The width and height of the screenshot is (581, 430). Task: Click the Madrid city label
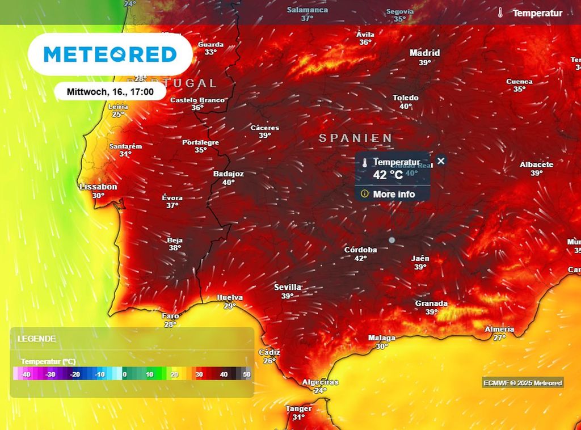click(424, 53)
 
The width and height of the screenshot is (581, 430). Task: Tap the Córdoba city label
click(360, 250)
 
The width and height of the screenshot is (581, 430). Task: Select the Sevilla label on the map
click(288, 287)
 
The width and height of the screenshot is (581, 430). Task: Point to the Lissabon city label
click(98, 186)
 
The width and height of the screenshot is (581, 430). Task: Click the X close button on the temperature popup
click(441, 161)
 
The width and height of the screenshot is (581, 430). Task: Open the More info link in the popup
click(394, 194)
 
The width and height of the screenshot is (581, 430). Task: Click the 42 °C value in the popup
click(388, 175)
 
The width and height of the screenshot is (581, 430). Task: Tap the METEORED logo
click(110, 54)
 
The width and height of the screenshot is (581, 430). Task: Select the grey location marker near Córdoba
click(391, 241)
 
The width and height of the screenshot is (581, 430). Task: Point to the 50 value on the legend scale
click(246, 374)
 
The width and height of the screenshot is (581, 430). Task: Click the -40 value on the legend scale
click(26, 374)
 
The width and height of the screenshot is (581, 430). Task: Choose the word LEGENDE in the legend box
click(37, 339)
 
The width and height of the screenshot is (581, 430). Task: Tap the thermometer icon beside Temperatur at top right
click(500, 12)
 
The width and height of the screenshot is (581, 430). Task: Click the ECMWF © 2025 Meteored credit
click(523, 383)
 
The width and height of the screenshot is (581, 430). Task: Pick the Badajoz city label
click(228, 174)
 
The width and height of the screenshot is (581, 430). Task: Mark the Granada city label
click(431, 303)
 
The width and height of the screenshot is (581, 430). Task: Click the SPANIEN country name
click(355, 138)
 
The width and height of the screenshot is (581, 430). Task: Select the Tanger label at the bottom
click(298, 408)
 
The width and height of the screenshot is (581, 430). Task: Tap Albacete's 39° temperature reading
click(536, 174)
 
